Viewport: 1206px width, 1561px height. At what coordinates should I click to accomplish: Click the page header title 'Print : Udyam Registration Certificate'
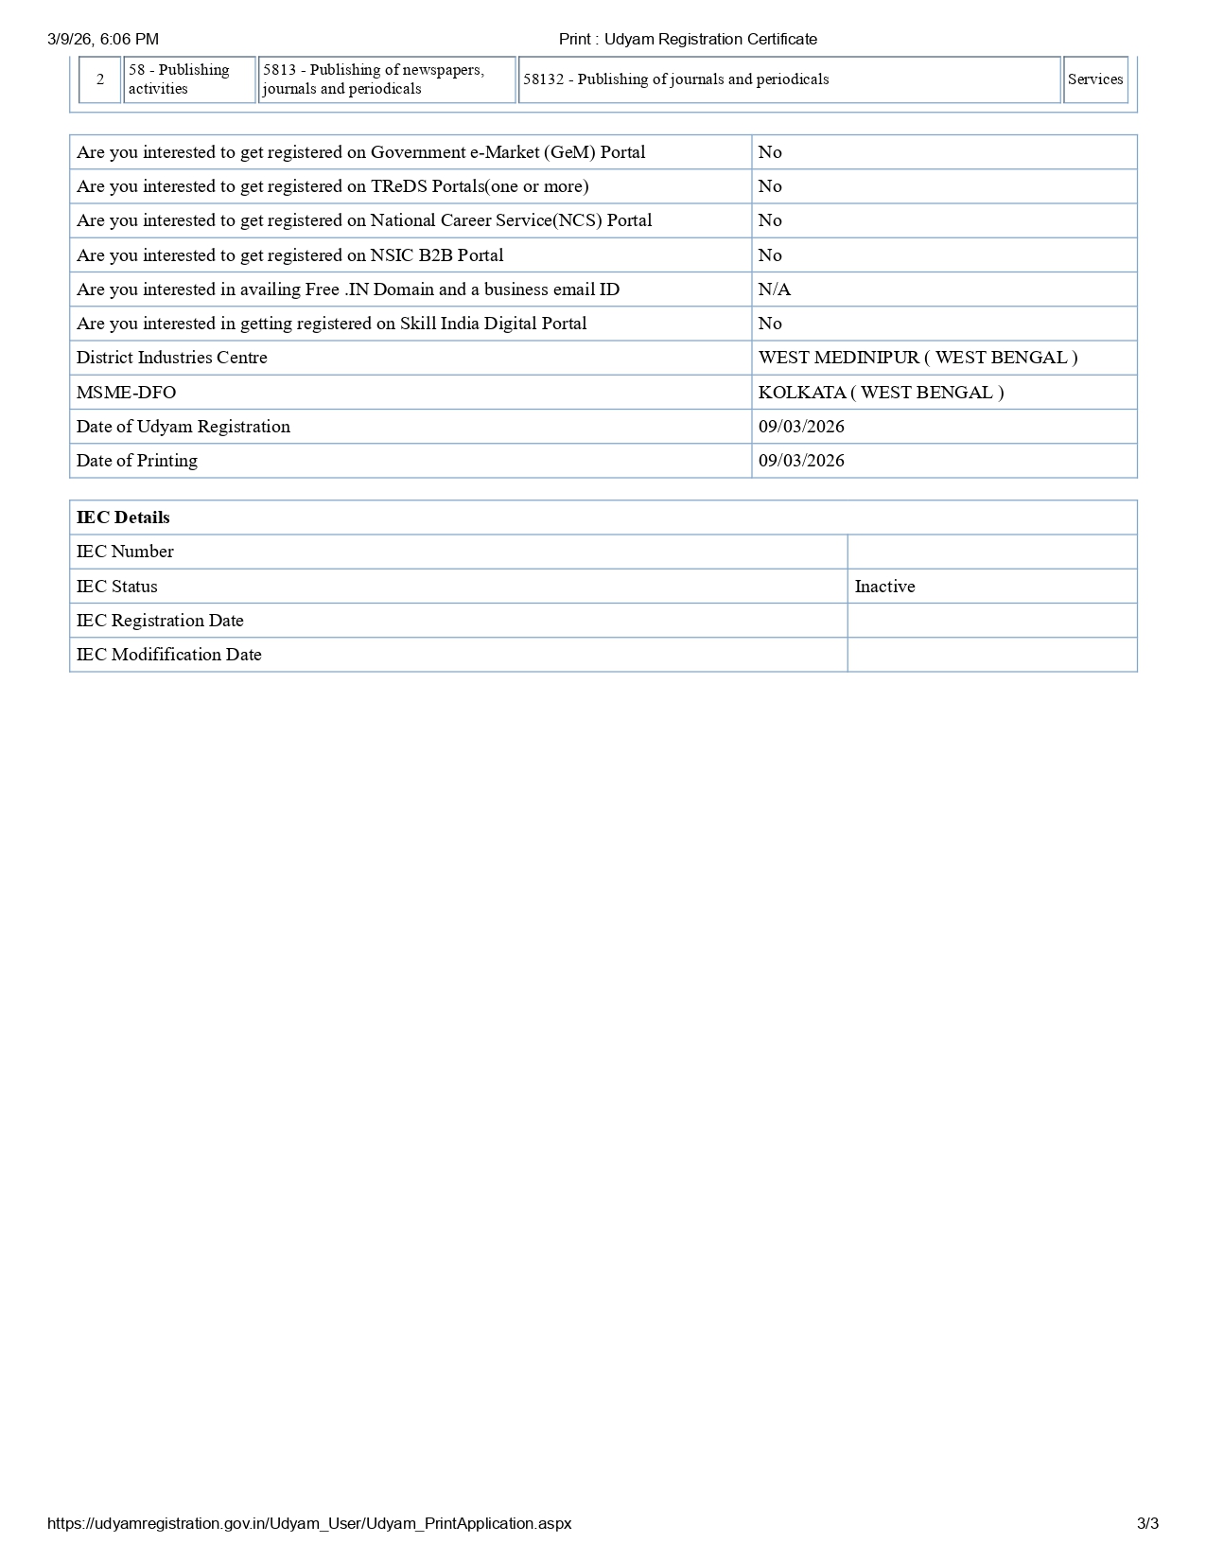point(688,39)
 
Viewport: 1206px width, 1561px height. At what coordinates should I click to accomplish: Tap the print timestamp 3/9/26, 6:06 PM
point(103,39)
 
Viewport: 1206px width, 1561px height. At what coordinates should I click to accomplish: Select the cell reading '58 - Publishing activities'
point(188,79)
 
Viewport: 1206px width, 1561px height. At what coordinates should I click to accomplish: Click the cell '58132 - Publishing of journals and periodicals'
point(675,79)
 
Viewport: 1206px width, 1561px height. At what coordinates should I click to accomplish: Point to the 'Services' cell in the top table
point(1095,79)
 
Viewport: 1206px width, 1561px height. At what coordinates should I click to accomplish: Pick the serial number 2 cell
point(100,79)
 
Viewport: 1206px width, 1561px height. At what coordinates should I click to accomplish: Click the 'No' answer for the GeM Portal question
point(770,152)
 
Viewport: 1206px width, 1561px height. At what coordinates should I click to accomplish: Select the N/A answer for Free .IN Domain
point(774,289)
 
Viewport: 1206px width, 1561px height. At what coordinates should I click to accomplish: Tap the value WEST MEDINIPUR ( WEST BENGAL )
point(918,358)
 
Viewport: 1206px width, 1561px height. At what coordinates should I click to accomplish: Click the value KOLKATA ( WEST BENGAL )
point(881,393)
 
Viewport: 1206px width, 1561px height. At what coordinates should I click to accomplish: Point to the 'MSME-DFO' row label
point(126,393)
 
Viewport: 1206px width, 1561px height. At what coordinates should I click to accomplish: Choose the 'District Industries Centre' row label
point(172,358)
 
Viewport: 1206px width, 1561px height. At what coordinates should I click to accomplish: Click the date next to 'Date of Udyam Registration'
point(801,427)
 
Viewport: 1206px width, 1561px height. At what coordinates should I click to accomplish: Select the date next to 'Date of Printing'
point(801,461)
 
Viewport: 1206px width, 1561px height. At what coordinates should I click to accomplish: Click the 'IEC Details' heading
point(123,517)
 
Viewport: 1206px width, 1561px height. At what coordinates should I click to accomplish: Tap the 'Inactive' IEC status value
point(884,587)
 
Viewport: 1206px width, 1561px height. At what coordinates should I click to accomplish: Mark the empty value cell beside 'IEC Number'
point(991,552)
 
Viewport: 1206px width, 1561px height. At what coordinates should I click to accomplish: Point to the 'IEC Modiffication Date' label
point(169,655)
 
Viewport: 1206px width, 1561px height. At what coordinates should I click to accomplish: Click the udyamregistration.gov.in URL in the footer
point(309,1523)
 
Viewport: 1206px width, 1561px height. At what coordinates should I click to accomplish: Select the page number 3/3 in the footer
point(1147,1523)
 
